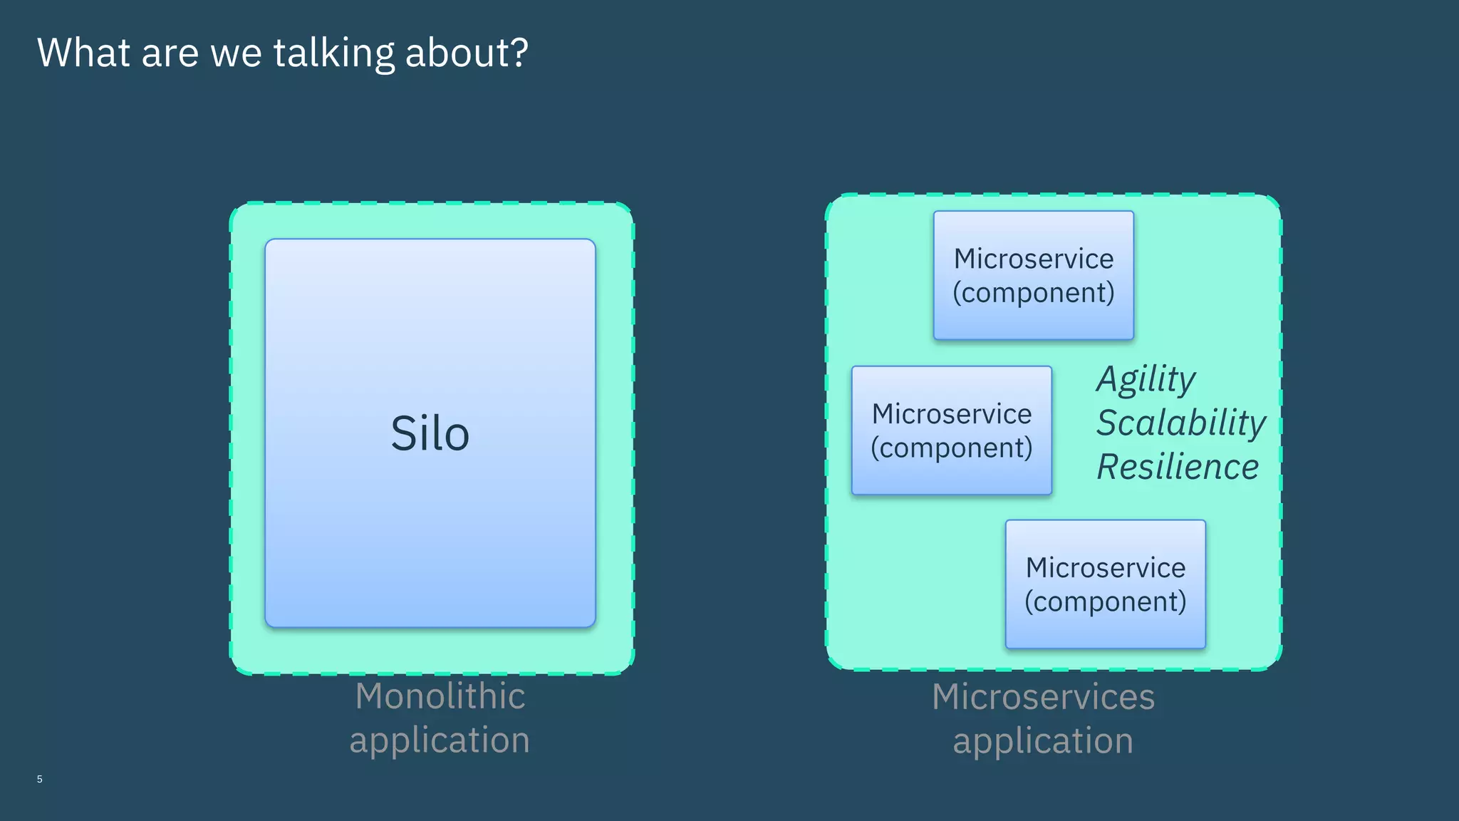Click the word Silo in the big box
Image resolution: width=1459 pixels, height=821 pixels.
point(430,433)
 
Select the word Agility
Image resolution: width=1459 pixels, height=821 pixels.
point(1146,379)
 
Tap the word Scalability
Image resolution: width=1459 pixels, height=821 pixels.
point(1180,423)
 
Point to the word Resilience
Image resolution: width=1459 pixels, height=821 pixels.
point(1178,467)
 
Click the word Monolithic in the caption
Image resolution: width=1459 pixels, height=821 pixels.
point(440,696)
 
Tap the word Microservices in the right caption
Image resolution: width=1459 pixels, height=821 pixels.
point(1043,696)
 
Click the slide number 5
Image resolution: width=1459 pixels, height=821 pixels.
point(40,779)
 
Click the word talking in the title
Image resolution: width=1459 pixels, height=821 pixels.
point(333,53)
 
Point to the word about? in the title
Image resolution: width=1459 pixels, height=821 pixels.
point(467,53)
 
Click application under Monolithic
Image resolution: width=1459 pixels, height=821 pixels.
point(440,740)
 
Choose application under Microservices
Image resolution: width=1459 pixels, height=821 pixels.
point(1043,741)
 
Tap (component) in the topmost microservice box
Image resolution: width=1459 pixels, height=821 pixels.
point(1033,293)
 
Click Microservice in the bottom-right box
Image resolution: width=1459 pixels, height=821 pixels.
point(1105,568)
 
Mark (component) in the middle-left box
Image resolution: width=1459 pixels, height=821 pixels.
point(951,448)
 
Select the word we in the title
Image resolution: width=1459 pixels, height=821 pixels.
point(236,54)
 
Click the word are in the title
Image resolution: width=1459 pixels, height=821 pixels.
point(170,54)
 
